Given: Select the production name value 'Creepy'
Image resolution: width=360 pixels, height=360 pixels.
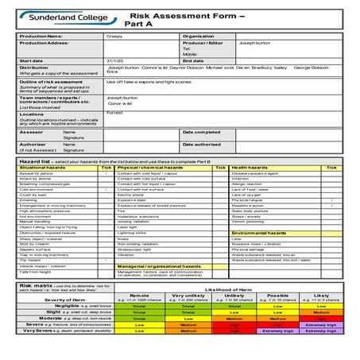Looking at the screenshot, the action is click(x=114, y=36).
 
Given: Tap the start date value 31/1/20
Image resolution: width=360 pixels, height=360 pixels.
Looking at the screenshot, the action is click(x=114, y=60).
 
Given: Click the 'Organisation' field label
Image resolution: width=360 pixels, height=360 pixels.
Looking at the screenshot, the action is click(x=198, y=36).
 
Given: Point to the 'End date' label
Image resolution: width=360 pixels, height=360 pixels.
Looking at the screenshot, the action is click(x=193, y=60).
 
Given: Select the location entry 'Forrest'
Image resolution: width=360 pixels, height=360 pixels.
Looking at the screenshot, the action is click(x=115, y=114).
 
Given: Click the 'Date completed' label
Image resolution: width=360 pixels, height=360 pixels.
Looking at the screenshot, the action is click(x=201, y=132).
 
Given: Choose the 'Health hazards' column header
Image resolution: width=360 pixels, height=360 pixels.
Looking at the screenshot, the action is click(x=250, y=168).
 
